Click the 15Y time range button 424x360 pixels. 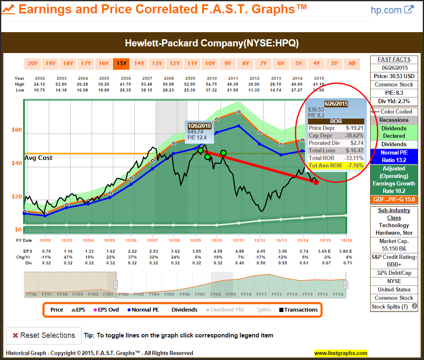[x=121, y=63]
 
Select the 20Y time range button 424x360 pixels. [x=33, y=63]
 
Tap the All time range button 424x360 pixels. [x=352, y=63]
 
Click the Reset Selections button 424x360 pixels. [x=44, y=335]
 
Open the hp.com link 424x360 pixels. [x=392, y=10]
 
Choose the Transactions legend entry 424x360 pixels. [x=298, y=309]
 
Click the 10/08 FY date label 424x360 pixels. [x=174, y=241]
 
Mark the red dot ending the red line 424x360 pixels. [x=316, y=182]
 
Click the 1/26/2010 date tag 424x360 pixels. [x=200, y=126]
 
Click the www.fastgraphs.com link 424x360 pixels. [x=341, y=353]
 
